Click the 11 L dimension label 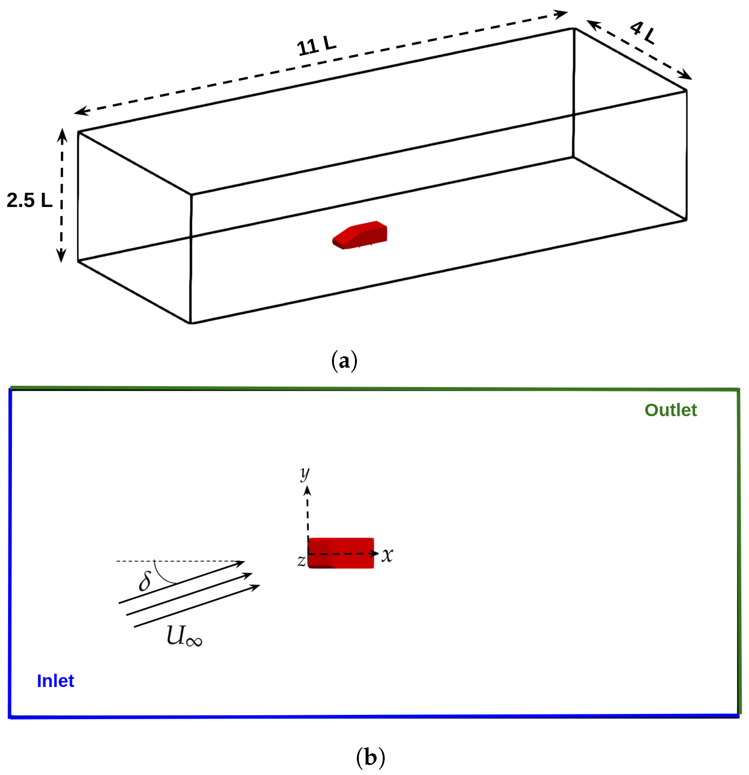316,46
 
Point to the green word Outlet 670,410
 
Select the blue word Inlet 55,681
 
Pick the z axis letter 301,561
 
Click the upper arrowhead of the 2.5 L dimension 62,135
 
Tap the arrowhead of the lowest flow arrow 255,587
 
